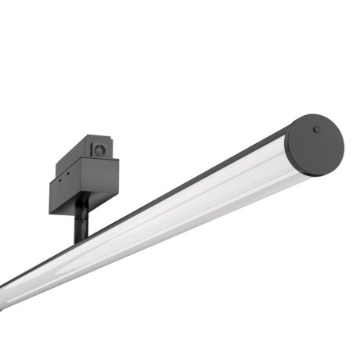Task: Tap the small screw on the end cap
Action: [315, 129]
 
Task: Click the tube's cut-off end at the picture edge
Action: [4, 283]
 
